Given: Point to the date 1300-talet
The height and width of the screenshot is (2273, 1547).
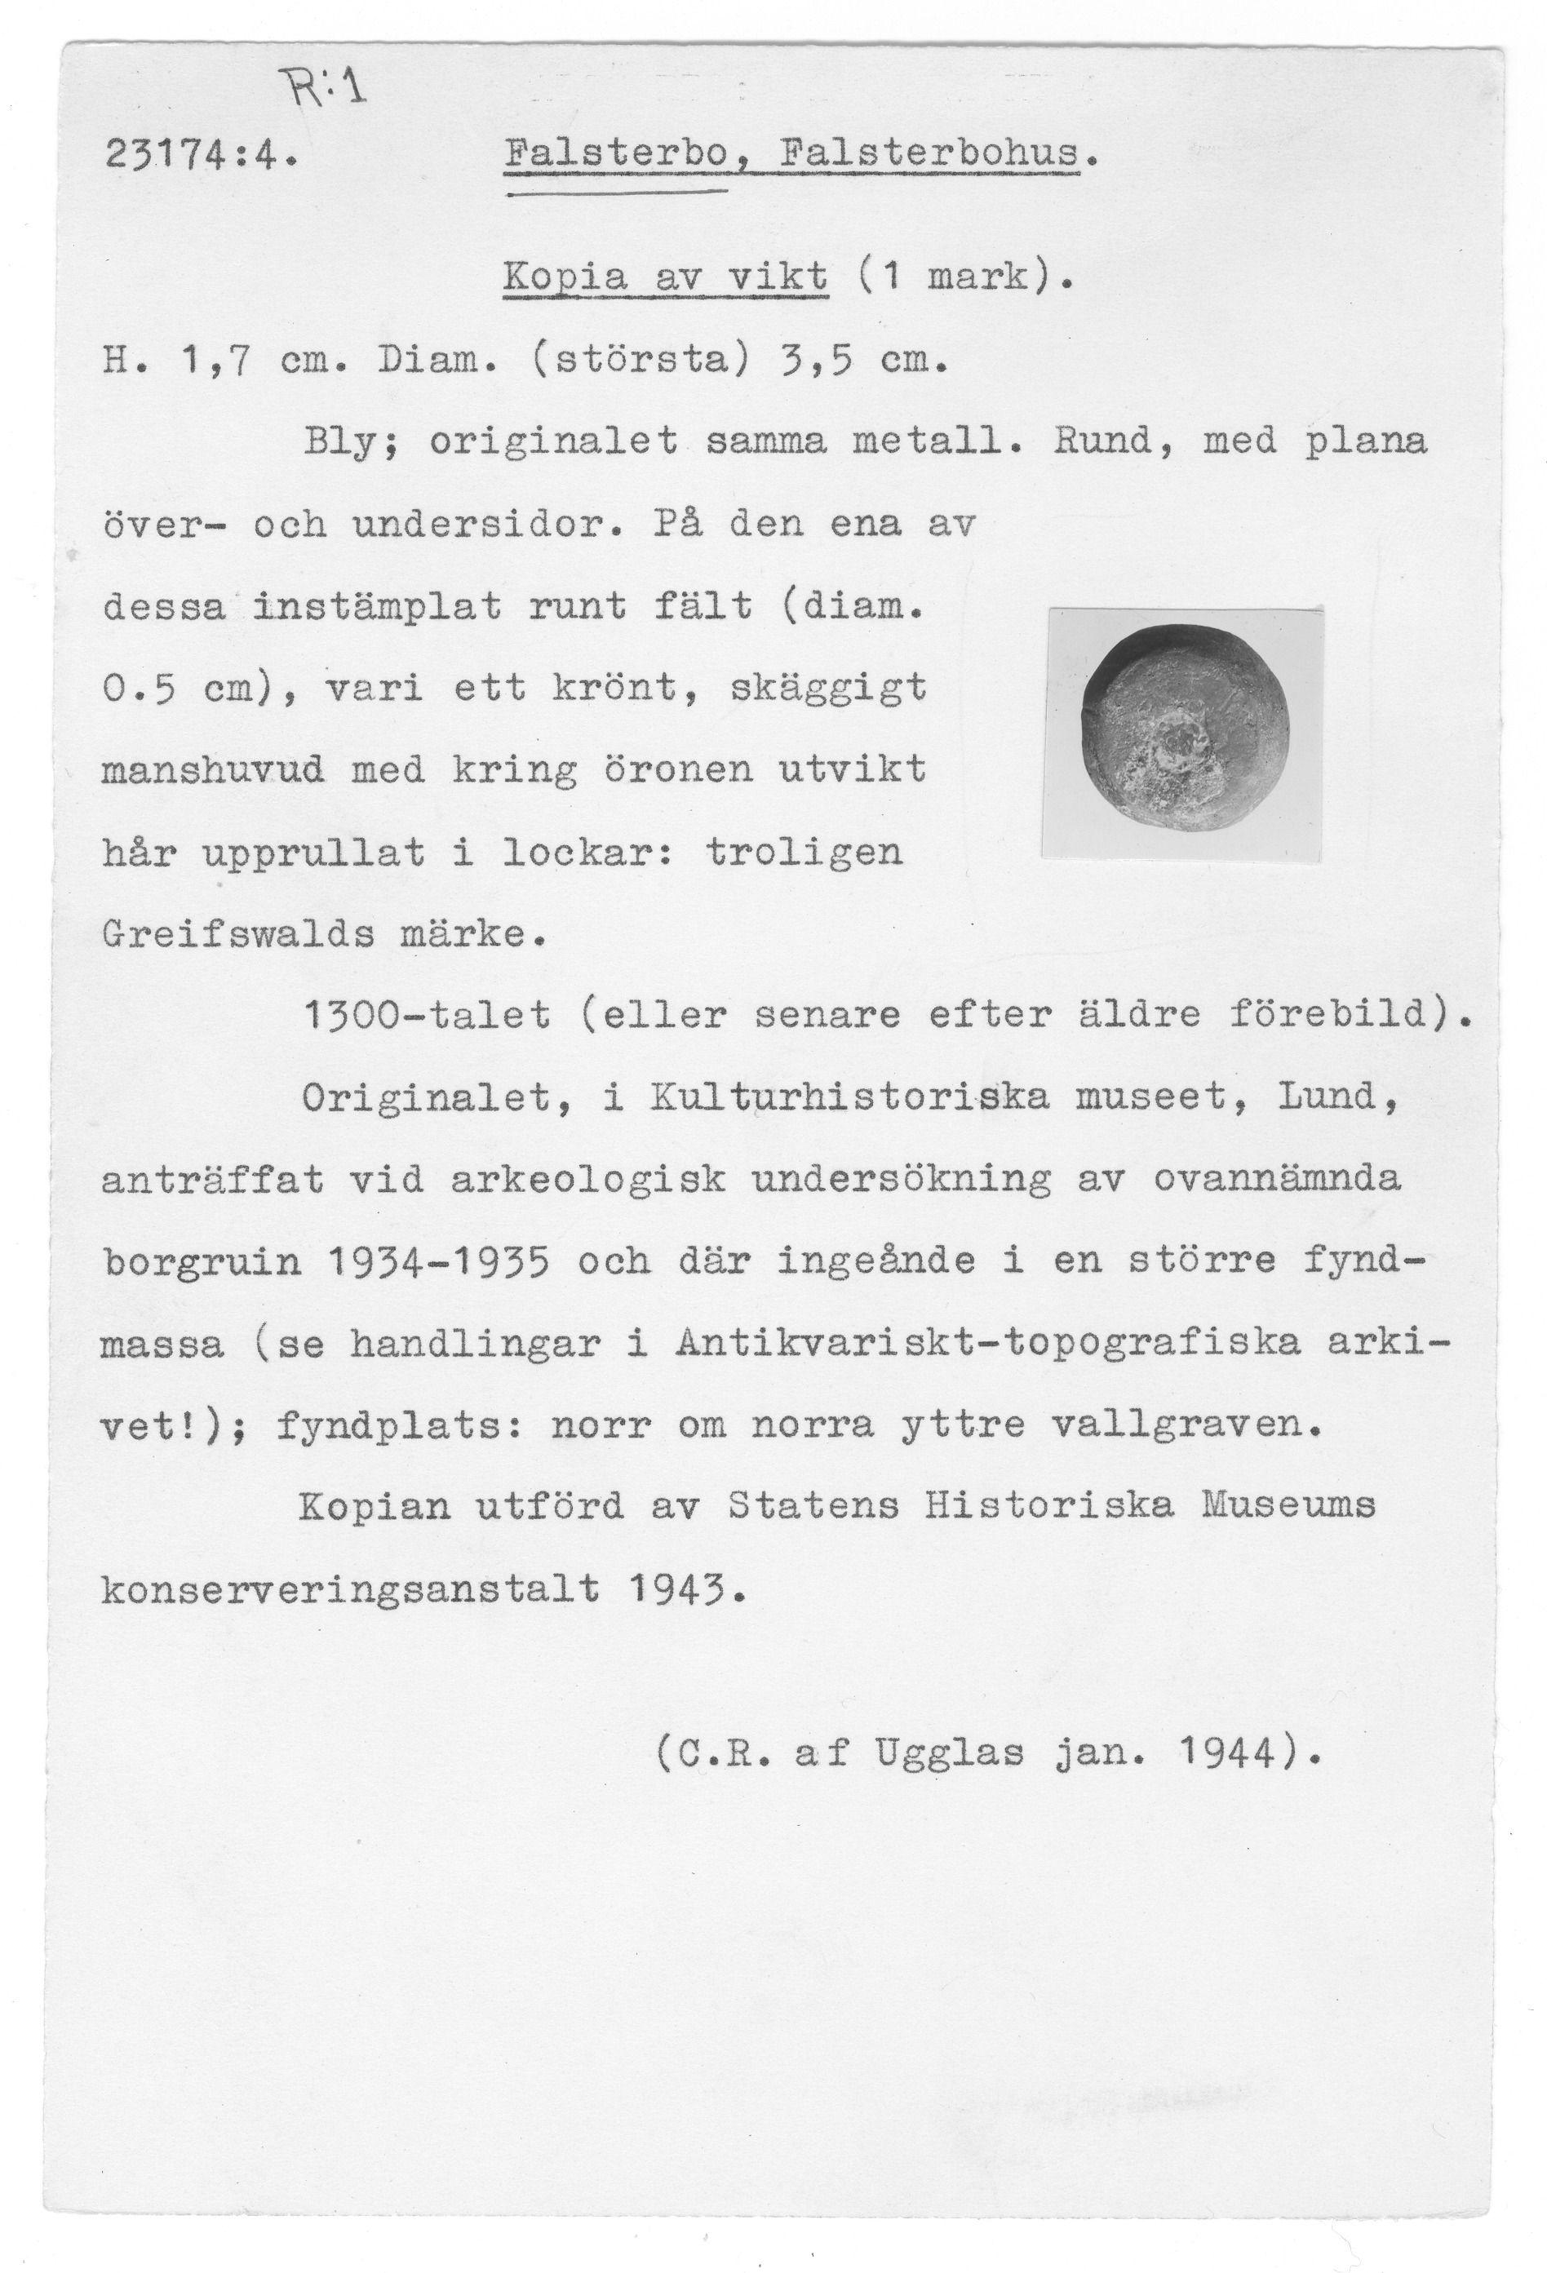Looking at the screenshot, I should pyautogui.click(x=428, y=1015).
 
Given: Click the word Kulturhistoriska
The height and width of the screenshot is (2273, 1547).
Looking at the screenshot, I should pyautogui.click(x=848, y=1097).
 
